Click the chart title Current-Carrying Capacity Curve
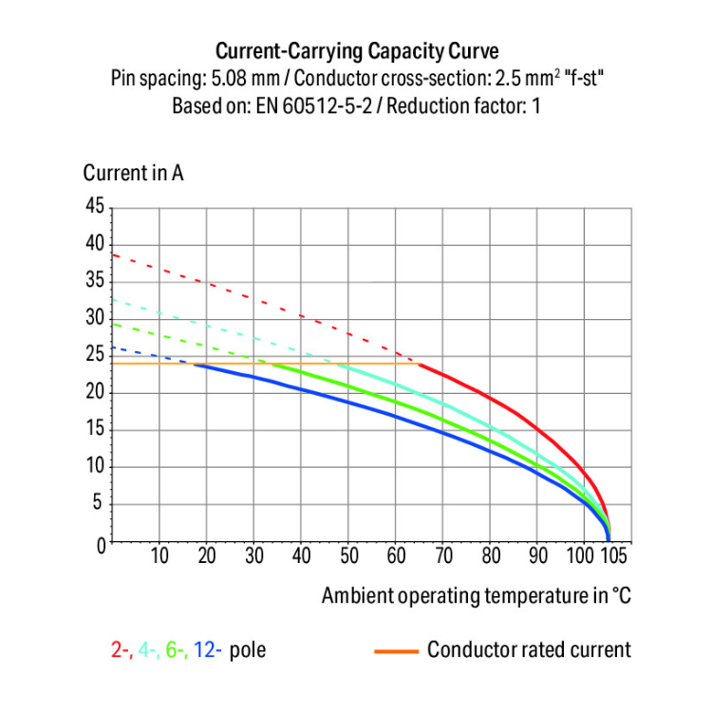coord(356,50)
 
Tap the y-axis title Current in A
coord(133,174)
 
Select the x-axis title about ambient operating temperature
coord(476,595)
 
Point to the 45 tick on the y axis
coord(94,206)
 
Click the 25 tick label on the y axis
coord(94,356)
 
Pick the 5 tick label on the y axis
coord(99,505)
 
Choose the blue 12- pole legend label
coord(208,650)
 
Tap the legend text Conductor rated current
coord(529,650)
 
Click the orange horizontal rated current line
coord(142,364)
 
